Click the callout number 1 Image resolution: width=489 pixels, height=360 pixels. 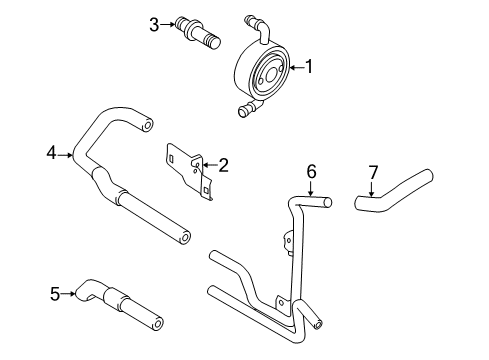[x=309, y=67]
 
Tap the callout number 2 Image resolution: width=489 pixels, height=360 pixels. [x=224, y=165]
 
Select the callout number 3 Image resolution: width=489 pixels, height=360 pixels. [x=155, y=24]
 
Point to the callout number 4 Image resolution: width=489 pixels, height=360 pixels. [x=50, y=154]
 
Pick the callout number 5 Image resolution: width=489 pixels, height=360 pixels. [x=55, y=293]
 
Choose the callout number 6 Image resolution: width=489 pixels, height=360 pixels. [x=311, y=172]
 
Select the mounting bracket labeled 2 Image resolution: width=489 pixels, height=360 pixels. [x=190, y=170]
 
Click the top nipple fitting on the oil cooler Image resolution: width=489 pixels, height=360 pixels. [x=251, y=19]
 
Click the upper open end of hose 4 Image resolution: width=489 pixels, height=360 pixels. [x=148, y=125]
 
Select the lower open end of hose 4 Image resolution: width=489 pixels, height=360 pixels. [x=184, y=237]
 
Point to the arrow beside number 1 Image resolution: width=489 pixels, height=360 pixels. [x=295, y=67]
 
